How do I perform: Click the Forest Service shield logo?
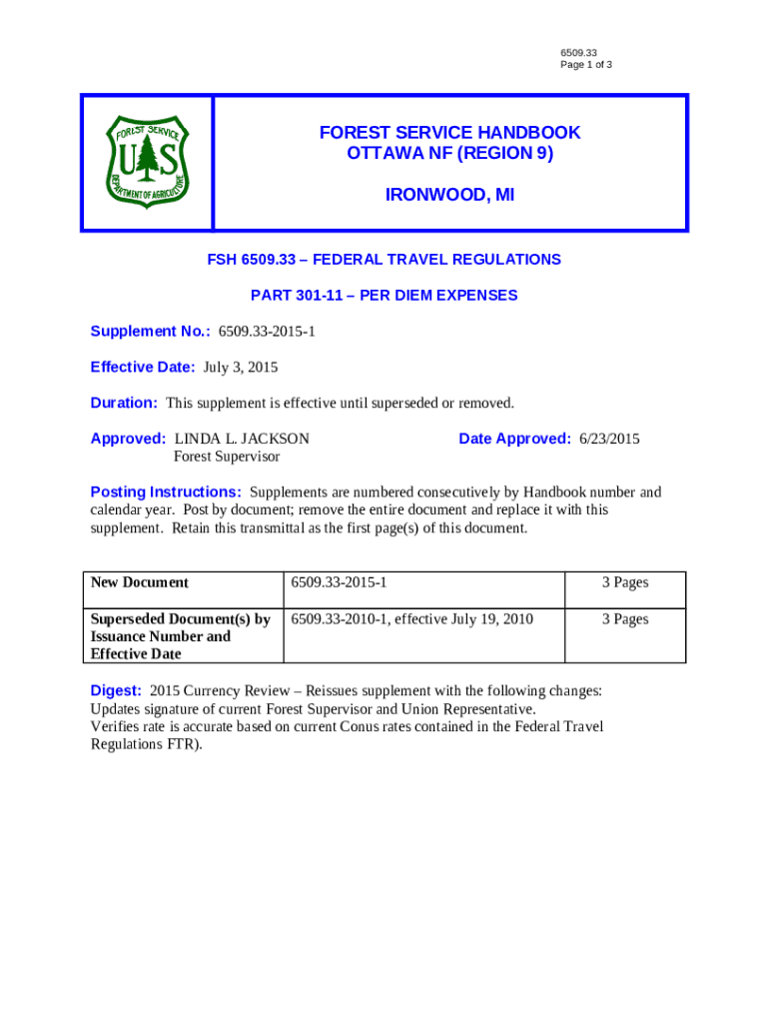coord(147,162)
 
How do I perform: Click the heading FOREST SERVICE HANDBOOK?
coord(449,133)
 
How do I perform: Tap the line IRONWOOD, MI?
coord(449,197)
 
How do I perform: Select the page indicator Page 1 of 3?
coord(586,65)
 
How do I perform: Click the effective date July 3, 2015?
coord(241,367)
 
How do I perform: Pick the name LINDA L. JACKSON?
coord(242,439)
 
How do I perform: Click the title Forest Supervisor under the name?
coord(227,457)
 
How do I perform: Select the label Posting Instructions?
coord(166,493)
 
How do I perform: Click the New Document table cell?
coord(140,582)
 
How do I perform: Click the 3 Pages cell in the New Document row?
coord(625,582)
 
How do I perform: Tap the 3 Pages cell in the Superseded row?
coord(625,619)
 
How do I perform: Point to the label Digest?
coord(116,691)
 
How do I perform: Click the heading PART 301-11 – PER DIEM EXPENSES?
coord(384,296)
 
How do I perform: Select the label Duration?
coord(124,403)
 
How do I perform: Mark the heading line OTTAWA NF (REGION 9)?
coord(449,155)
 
